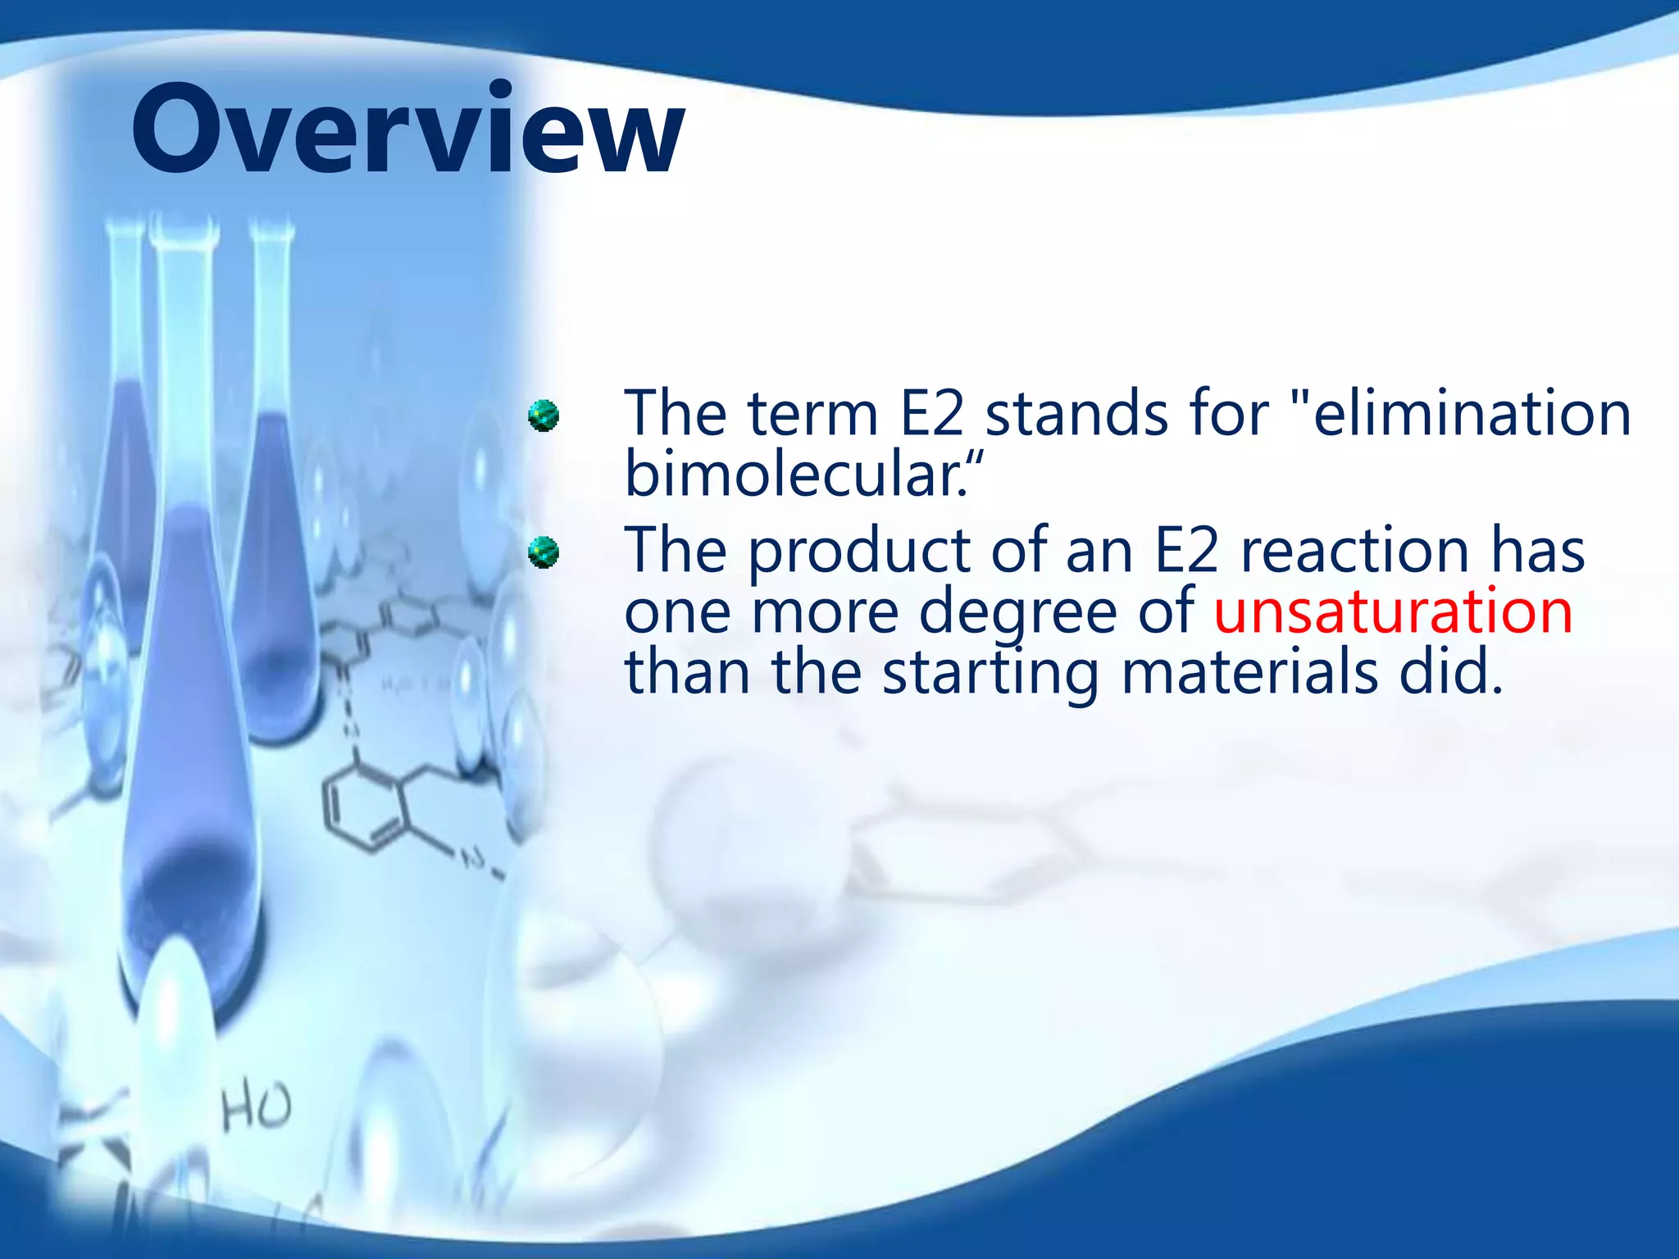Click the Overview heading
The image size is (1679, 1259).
click(x=407, y=130)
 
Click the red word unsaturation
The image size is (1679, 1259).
click(x=1392, y=611)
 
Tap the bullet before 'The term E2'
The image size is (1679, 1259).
click(x=543, y=416)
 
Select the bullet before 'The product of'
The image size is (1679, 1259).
click(x=543, y=552)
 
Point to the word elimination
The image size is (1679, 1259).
click(x=1472, y=413)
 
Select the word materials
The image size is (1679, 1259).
click(x=1249, y=672)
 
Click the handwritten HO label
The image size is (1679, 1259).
click(x=256, y=1107)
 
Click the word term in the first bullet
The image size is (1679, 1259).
click(x=812, y=413)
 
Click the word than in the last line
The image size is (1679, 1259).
click(x=687, y=672)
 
